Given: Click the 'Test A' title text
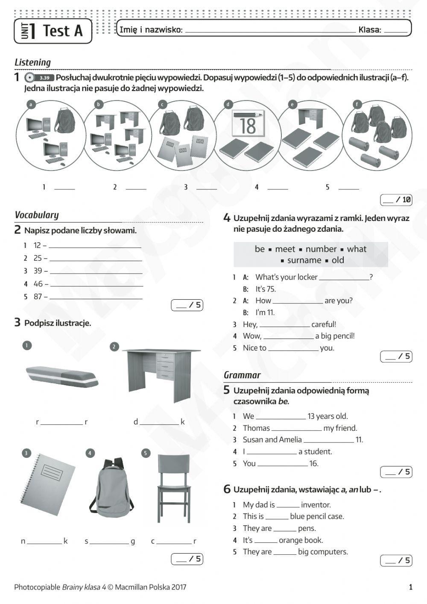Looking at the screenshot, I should (62, 31).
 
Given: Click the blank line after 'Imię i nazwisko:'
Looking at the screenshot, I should (270, 31).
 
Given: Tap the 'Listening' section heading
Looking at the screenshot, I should (33, 62).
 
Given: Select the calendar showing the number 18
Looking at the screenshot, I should (248, 124).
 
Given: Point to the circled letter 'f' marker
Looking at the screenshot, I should (357, 104).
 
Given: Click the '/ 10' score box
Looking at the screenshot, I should (396, 199).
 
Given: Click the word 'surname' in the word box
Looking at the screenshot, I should (304, 260).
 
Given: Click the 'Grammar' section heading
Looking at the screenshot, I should (242, 375).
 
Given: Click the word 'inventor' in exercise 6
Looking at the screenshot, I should (316, 505).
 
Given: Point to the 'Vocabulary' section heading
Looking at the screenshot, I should (37, 215).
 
